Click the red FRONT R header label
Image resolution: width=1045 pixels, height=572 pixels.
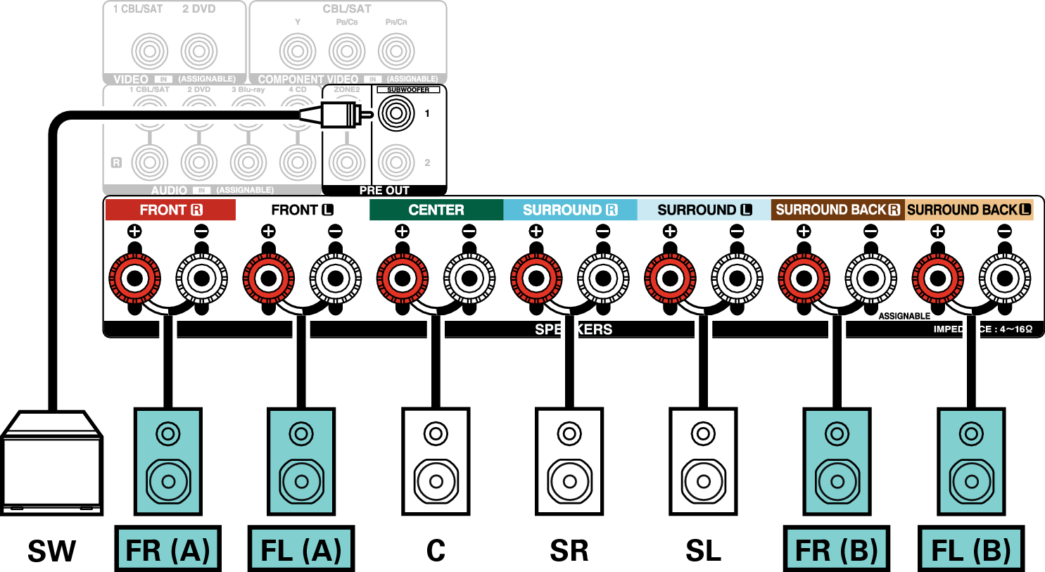tap(170, 210)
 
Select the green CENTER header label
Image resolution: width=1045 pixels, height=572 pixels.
tap(436, 210)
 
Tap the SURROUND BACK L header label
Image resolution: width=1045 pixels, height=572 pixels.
tap(969, 210)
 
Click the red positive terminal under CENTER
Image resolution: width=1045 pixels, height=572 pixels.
tap(403, 279)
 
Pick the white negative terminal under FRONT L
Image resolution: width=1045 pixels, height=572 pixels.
tap(336, 279)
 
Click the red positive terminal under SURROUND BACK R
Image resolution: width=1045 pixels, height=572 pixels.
tap(804, 279)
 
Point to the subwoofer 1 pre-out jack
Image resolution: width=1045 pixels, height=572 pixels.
tap(396, 113)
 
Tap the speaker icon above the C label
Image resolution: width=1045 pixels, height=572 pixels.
tap(436, 462)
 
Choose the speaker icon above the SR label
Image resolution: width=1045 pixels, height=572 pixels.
tap(569, 462)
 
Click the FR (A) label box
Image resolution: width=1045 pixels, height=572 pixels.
tap(167, 549)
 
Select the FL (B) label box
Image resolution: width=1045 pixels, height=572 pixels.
tap(971, 549)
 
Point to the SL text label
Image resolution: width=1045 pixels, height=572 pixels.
tap(703, 550)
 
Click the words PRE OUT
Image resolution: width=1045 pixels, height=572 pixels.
tap(384, 191)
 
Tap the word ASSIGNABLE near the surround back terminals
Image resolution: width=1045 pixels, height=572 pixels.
tap(904, 316)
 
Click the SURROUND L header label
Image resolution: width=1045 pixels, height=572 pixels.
tap(704, 210)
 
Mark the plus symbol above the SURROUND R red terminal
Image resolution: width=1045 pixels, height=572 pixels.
tap(536, 231)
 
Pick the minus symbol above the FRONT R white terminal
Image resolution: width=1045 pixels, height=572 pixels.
tap(201, 231)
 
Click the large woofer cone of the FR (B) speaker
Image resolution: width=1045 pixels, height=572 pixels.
tap(837, 482)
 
